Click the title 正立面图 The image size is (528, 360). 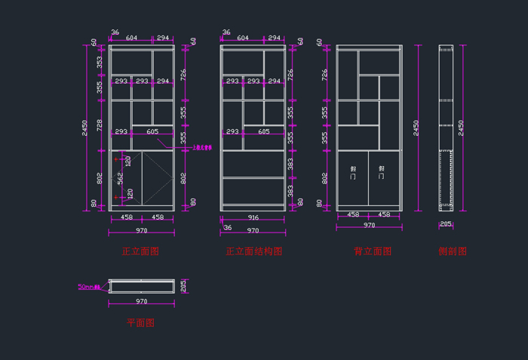tap(140, 251)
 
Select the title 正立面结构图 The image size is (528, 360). tap(253, 251)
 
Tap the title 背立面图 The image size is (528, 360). tap(373, 251)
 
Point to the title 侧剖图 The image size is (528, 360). tap(453, 251)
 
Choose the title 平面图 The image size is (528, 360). tap(140, 322)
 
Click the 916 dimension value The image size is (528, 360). tap(253, 217)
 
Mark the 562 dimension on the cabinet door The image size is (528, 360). tap(119, 177)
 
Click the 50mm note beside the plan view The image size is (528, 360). tap(89, 287)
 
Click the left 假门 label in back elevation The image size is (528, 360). tap(353, 173)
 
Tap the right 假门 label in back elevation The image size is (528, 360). tap(382, 173)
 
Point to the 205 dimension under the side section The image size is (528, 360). tap(446, 224)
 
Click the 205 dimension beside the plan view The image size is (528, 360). tap(183, 285)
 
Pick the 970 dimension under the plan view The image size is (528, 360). tap(141, 301)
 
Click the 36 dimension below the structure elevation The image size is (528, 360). tap(227, 227)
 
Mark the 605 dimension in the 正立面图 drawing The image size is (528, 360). tap(152, 131)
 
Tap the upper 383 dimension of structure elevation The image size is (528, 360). tap(290, 164)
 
